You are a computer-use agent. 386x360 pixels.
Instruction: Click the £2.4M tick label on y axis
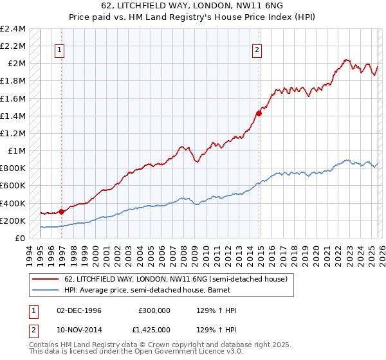[13, 29]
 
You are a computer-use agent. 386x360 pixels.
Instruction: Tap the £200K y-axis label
[13, 221]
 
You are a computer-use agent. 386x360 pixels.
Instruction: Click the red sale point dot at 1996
[62, 212]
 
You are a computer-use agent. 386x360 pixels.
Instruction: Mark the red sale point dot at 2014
[259, 113]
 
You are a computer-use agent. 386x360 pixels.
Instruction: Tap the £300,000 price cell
[154, 310]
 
